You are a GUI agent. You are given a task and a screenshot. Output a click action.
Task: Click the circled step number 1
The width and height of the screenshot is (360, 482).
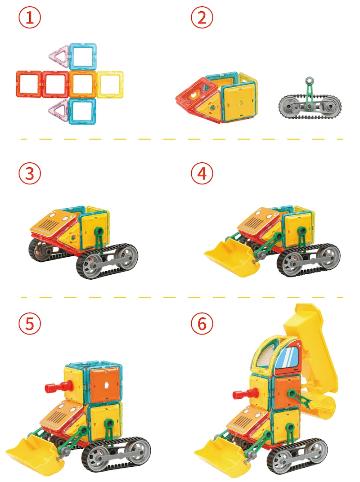tap(30, 18)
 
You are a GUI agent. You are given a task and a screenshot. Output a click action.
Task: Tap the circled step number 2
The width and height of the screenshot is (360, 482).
tap(202, 18)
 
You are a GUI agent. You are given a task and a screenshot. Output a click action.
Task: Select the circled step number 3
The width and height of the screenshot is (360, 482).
tap(30, 174)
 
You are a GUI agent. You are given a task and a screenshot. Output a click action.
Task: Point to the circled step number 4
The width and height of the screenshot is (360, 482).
tap(202, 174)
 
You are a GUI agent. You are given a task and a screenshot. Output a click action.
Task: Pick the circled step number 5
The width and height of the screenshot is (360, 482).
tap(30, 324)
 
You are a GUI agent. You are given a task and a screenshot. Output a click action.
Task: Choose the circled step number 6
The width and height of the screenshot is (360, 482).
tap(202, 324)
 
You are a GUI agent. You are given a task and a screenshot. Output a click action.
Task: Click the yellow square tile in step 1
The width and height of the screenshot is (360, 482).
tap(110, 84)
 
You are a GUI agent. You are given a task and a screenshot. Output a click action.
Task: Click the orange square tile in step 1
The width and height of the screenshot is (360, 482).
tap(83, 84)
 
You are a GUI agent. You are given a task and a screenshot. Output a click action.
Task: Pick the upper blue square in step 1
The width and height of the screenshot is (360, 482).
tap(83, 57)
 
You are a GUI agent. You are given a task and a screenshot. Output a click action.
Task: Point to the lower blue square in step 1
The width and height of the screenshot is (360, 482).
tap(83, 111)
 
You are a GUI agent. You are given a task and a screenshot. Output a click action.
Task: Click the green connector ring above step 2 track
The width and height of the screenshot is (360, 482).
tap(310, 81)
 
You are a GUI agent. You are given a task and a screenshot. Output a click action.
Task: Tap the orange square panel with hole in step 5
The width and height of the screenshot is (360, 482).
tap(105, 385)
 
